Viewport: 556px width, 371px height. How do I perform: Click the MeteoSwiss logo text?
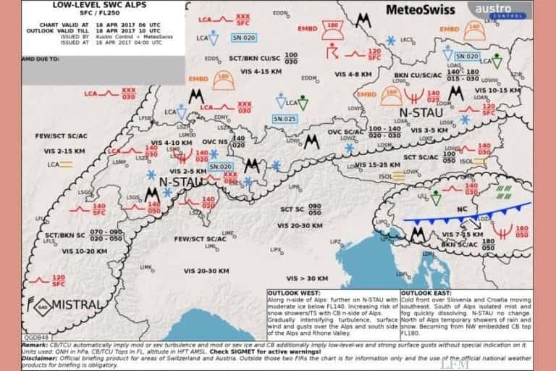[421, 10]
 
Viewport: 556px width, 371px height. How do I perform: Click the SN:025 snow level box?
[285, 118]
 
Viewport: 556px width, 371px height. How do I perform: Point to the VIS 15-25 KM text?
[391, 164]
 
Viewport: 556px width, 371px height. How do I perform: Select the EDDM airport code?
[309, 77]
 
